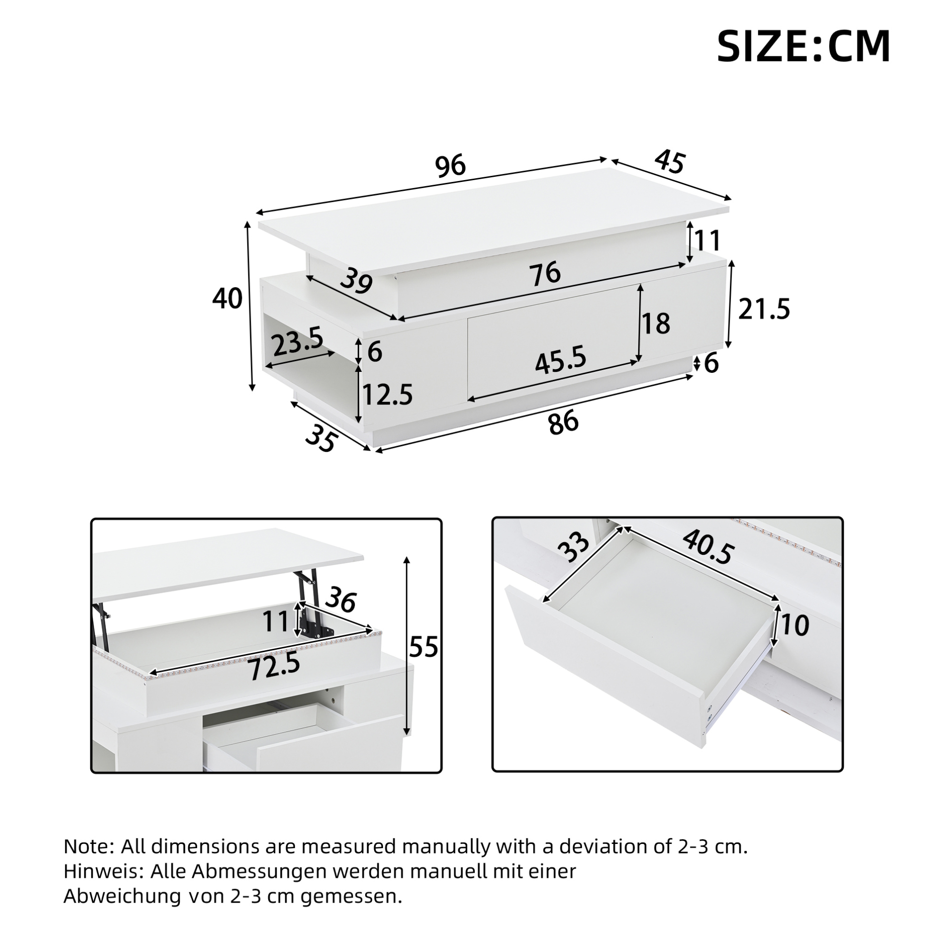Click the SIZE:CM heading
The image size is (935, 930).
coord(803,47)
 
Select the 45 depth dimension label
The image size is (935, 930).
coord(670,162)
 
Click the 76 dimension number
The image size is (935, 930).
coord(545,273)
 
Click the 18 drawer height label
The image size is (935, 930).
coord(656,323)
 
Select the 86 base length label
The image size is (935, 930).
coord(563,421)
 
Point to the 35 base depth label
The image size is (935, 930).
coord(320,438)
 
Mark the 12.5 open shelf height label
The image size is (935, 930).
coord(387,394)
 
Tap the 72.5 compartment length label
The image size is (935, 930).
coord(274,667)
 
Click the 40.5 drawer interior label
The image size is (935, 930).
coord(709,546)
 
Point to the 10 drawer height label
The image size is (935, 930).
coord(795,625)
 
